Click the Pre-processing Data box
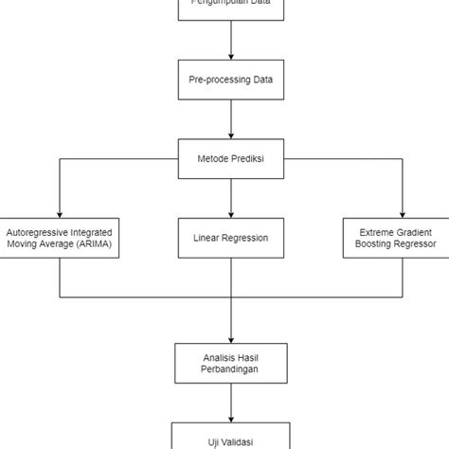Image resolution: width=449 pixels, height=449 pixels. pyautogui.click(x=231, y=81)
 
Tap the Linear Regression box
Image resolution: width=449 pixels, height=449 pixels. pyautogui.click(x=231, y=238)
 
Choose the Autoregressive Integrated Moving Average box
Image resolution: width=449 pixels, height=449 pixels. pyautogui.click(x=59, y=238)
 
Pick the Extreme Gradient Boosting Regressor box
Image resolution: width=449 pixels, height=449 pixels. pyautogui.click(x=402, y=238)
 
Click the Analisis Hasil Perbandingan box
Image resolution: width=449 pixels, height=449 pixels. pyautogui.click(x=231, y=362)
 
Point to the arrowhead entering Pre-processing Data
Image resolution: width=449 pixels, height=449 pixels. pyautogui.click(x=231, y=57)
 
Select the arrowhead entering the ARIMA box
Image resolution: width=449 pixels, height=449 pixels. pyautogui.click(x=59, y=213)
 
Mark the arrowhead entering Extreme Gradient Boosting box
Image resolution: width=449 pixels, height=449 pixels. pyautogui.click(x=402, y=213)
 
